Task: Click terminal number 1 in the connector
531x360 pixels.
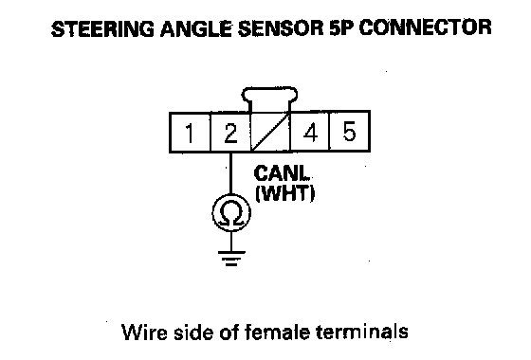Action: coord(190,132)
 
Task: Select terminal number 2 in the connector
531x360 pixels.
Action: coord(230,132)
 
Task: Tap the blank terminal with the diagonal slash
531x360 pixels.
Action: coord(270,132)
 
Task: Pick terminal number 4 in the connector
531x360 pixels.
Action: coord(310,132)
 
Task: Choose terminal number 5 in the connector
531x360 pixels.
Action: coord(350,132)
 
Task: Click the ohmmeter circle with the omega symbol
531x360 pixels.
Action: coord(231,213)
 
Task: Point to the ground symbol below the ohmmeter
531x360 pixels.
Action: coord(231,258)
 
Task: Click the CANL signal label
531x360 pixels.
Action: coord(282,173)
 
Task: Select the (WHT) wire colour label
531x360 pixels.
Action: coord(285,193)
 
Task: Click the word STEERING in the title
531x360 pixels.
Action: coord(103,28)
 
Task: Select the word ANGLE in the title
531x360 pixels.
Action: coord(196,28)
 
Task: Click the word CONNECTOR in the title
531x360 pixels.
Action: coord(425,28)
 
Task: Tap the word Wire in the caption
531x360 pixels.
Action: coord(144,332)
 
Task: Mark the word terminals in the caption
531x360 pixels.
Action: coord(361,332)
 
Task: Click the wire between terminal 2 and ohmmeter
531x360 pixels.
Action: coord(231,173)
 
